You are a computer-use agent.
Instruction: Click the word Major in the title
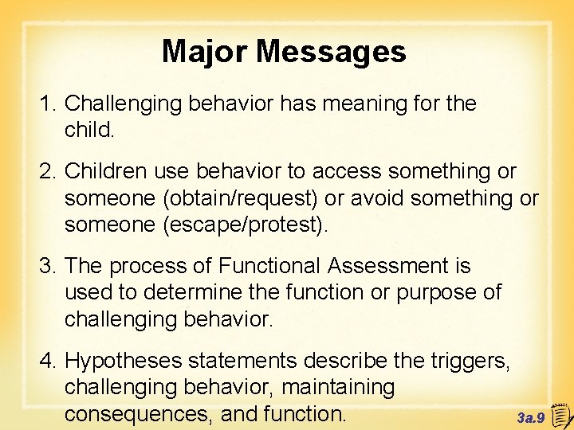click(x=205, y=53)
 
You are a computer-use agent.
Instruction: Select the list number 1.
click(x=49, y=104)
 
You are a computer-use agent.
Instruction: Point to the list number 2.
click(x=49, y=171)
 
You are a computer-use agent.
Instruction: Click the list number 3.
click(x=49, y=266)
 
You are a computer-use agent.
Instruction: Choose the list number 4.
click(x=49, y=361)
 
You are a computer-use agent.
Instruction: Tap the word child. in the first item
click(x=90, y=130)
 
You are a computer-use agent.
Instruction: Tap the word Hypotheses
click(x=127, y=361)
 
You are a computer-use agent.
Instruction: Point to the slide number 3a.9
click(x=531, y=416)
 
